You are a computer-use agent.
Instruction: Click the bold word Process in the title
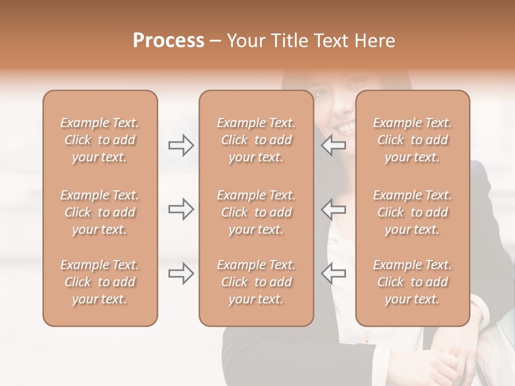point(168,41)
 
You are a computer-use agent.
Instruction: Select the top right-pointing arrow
point(181,145)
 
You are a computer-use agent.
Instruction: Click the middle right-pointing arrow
point(181,209)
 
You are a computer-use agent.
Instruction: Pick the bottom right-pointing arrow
point(181,273)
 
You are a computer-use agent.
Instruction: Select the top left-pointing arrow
point(334,145)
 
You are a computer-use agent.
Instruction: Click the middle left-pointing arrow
point(334,209)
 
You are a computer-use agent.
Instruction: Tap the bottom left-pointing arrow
point(334,273)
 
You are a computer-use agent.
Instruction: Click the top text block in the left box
point(100,140)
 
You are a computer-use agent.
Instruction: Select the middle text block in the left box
point(100,212)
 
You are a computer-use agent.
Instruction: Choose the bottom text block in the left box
point(100,282)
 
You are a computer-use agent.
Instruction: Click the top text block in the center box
point(256,140)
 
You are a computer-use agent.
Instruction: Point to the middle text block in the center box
point(256,212)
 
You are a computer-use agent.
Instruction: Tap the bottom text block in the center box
point(256,282)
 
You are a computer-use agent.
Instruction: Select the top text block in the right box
point(413,140)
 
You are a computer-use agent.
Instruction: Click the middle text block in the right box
point(413,212)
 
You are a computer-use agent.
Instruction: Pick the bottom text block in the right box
point(413,282)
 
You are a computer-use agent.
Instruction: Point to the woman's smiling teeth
point(346,128)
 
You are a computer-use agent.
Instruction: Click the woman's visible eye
point(322,93)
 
